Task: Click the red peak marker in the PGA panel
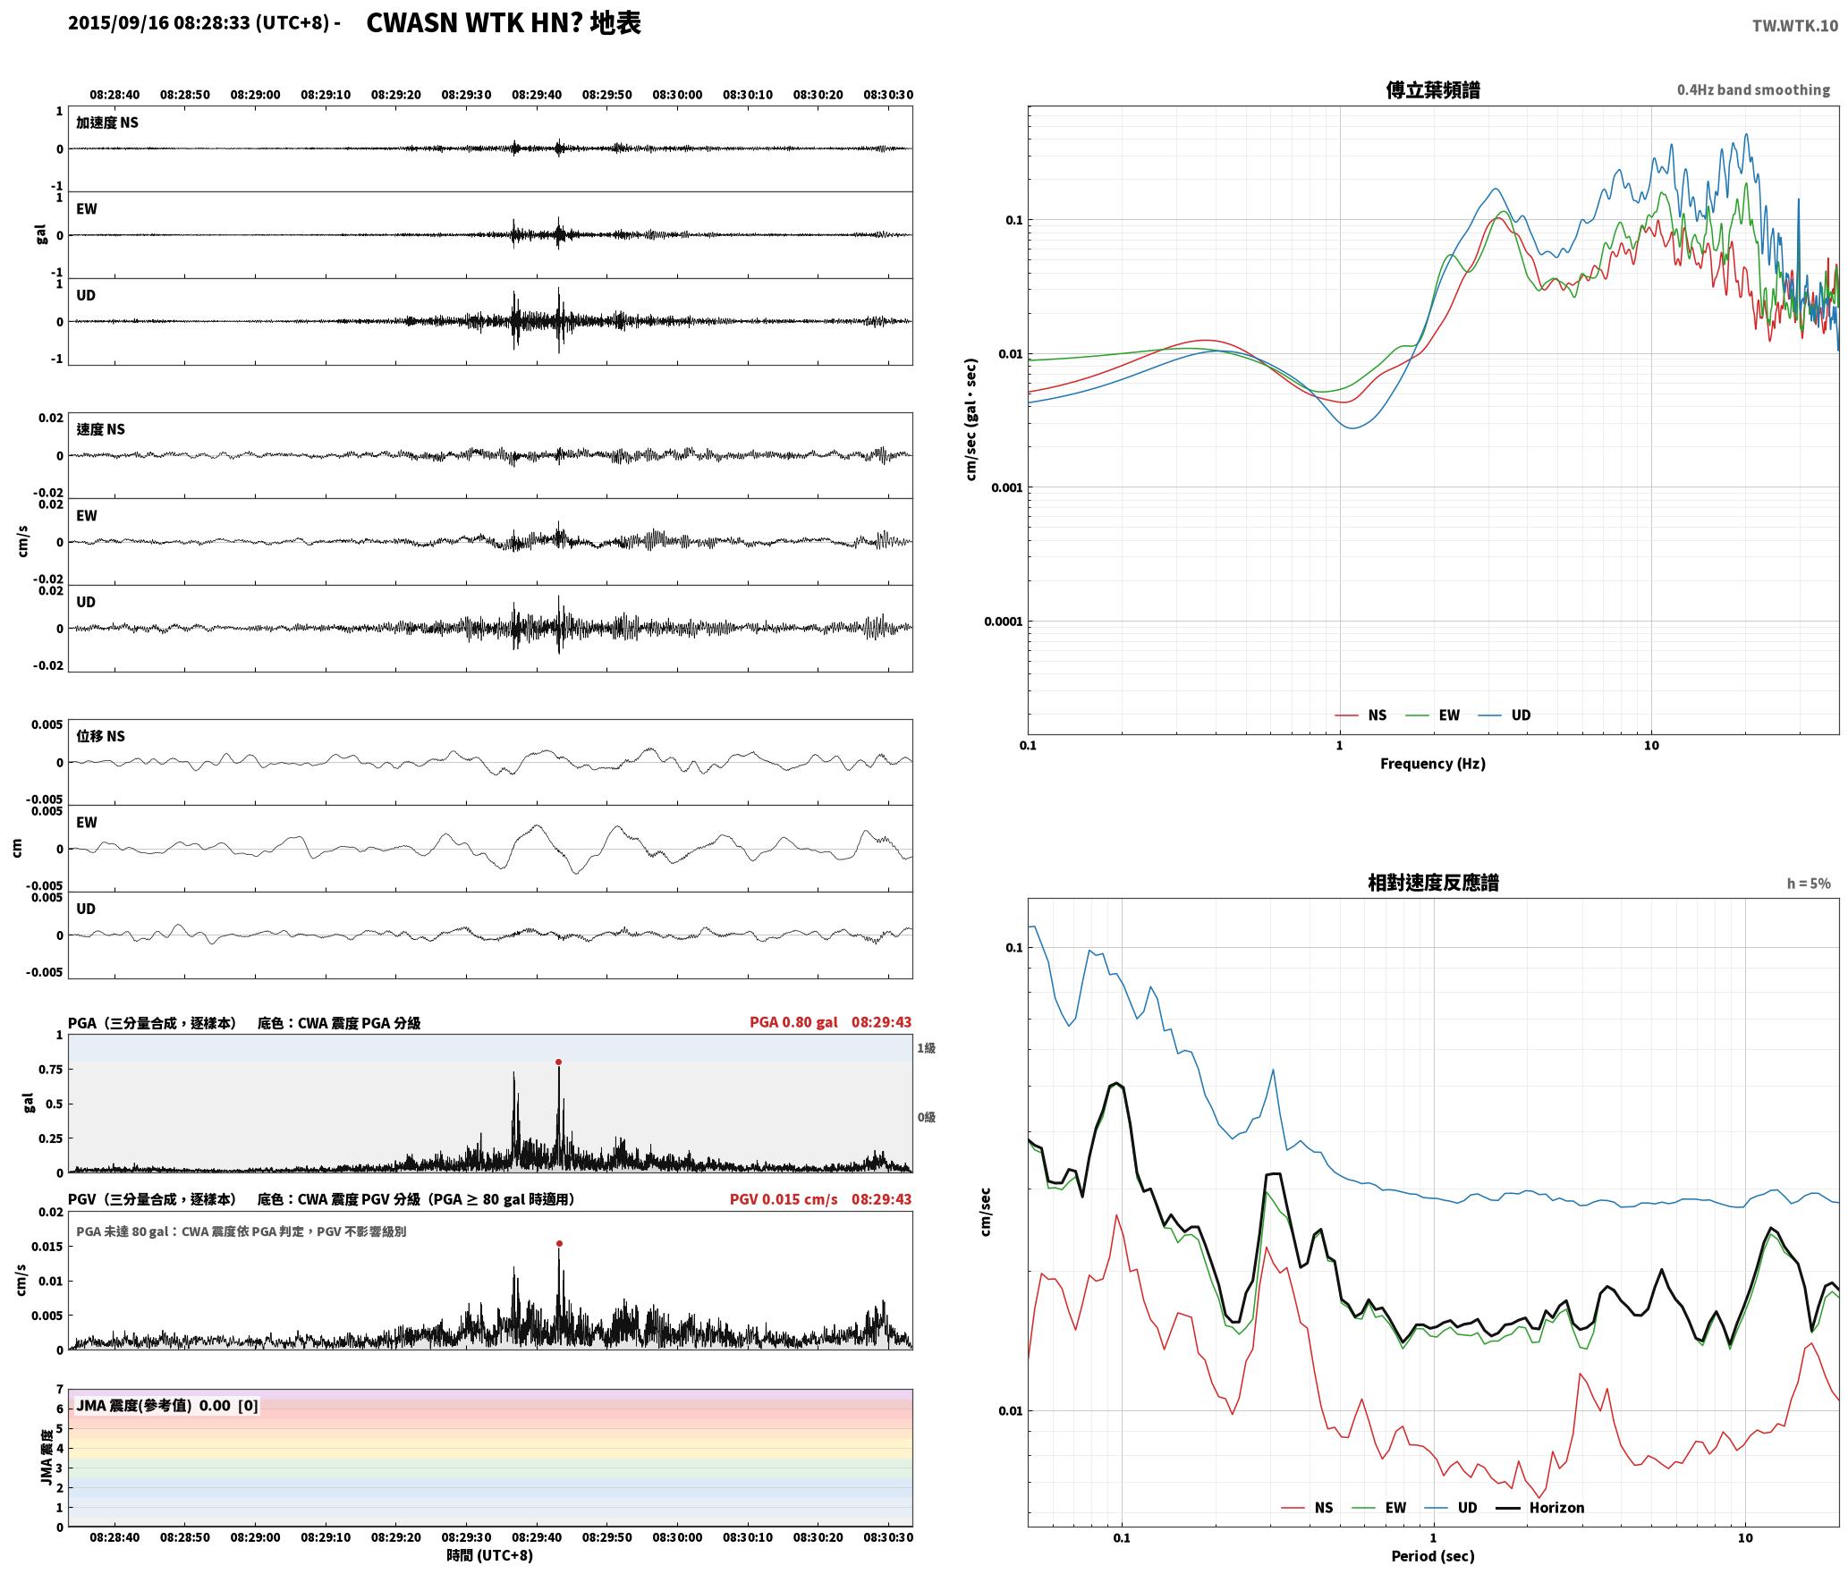click(x=558, y=1062)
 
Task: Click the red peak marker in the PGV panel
click(x=559, y=1244)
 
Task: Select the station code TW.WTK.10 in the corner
click(x=1794, y=26)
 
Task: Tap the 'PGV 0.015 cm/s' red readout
click(x=784, y=1199)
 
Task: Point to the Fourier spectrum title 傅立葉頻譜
click(x=1433, y=89)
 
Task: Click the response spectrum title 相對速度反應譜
click(x=1433, y=883)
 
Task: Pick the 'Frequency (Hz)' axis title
click(x=1433, y=764)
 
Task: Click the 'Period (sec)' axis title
click(x=1433, y=1556)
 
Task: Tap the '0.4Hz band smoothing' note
click(x=1753, y=89)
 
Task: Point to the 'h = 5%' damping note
click(x=1809, y=884)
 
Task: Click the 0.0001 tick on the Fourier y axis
click(x=1004, y=622)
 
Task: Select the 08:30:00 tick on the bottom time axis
click(x=677, y=1537)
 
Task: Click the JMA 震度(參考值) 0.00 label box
click(x=167, y=1406)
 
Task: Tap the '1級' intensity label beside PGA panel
click(x=926, y=1048)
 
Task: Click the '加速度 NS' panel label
click(x=107, y=123)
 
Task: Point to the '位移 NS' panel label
click(x=101, y=736)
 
